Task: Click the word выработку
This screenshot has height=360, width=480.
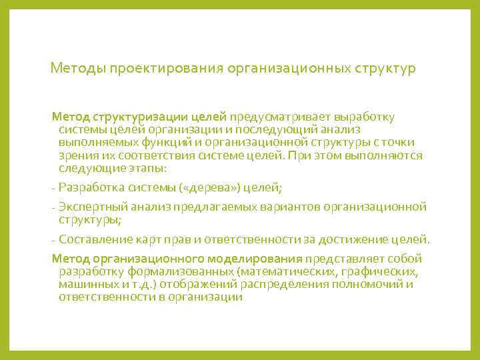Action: pos(366,117)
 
